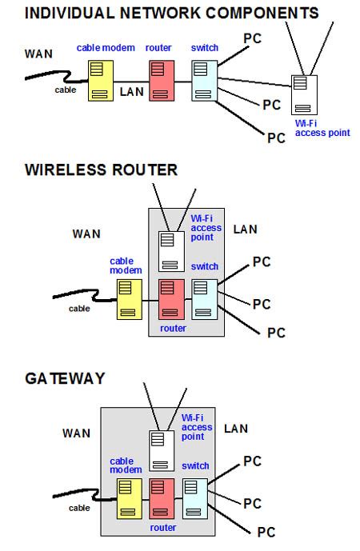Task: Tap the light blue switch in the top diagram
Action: (x=204, y=82)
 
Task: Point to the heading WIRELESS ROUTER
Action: (x=101, y=170)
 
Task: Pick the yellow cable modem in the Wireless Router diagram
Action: (x=129, y=299)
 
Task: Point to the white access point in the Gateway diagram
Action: (x=161, y=450)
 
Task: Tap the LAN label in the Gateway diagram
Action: (x=236, y=429)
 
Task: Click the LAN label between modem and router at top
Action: (x=131, y=92)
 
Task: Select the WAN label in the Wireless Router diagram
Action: (x=86, y=234)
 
